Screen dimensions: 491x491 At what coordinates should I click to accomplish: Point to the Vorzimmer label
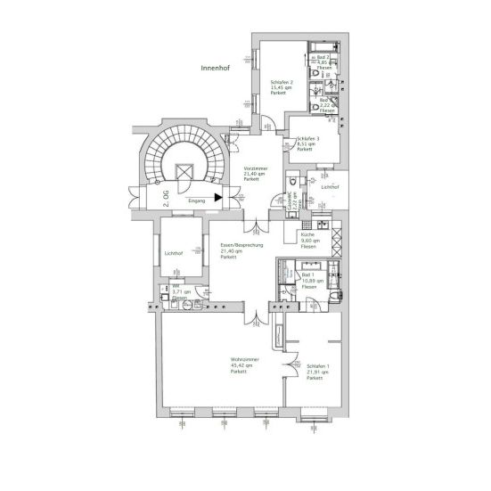(x=256, y=167)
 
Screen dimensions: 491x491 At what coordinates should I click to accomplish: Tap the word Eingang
(x=197, y=202)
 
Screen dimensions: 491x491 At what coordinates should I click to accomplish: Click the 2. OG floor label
(x=166, y=197)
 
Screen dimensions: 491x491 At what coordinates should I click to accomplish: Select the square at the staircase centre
(x=184, y=172)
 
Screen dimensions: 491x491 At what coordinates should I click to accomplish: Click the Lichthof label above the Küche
(x=330, y=187)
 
